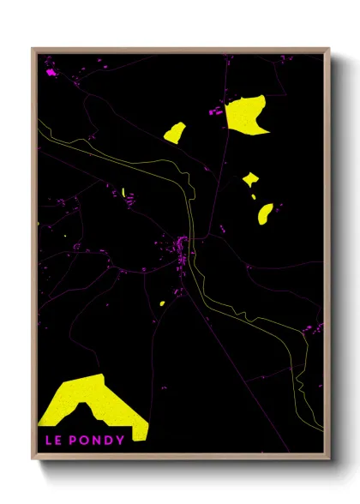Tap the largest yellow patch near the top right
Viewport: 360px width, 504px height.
(246, 115)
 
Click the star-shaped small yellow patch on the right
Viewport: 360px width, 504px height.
(250, 179)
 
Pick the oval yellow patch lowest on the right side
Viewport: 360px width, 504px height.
(265, 213)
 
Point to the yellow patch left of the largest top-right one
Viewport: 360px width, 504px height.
(175, 133)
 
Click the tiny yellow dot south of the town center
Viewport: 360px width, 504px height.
(162, 303)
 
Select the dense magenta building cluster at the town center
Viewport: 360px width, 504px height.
(182, 249)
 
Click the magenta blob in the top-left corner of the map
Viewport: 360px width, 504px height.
(51, 73)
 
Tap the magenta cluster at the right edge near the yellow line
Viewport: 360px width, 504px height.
(319, 327)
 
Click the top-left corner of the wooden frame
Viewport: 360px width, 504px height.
(33, 49)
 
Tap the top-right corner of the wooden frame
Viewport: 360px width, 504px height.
(329, 49)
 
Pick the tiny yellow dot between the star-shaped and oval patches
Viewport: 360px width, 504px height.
(255, 197)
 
